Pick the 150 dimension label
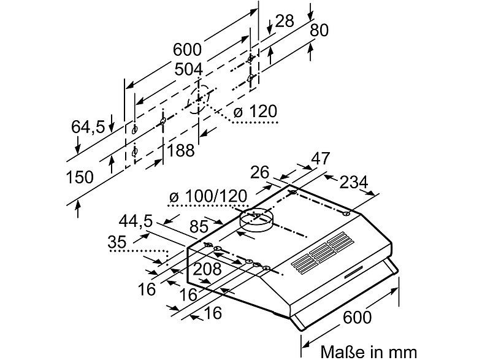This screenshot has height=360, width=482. pos(80,178)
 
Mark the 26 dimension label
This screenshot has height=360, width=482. pos(260,172)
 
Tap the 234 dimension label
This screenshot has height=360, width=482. pos(353,182)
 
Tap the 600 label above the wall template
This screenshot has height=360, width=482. pos(186,49)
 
